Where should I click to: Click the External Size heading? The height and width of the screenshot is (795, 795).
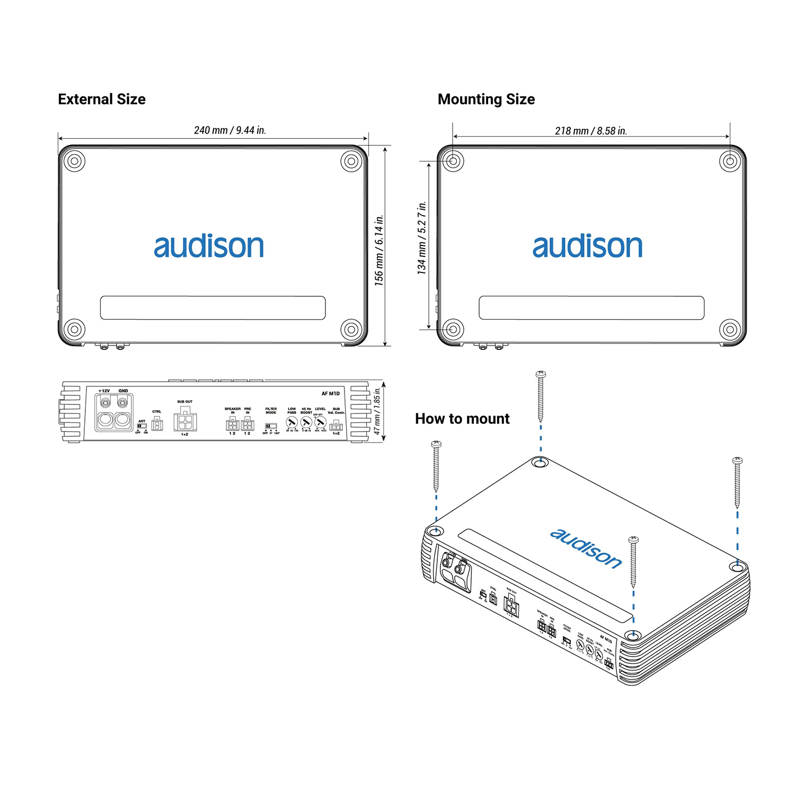pos(102,99)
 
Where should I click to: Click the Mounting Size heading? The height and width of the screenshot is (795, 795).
pos(486,99)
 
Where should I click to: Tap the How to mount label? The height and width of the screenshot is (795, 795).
pos(462,419)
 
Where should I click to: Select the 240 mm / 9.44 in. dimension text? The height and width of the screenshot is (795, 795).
pos(230,130)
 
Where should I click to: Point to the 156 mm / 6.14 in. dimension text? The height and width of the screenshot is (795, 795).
pos(378,250)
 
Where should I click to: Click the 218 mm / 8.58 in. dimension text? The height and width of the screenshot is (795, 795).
pos(591,131)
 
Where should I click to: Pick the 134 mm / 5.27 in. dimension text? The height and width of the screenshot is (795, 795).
pos(422,237)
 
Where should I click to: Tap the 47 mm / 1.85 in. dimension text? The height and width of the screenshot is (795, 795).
pos(377,411)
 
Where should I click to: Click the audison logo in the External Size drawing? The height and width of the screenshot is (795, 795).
pos(209,246)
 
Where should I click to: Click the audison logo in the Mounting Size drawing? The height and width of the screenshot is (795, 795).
pos(587,246)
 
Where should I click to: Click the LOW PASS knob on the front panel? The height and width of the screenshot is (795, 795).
pos(291,422)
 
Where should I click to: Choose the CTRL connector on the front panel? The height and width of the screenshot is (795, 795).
pos(157,423)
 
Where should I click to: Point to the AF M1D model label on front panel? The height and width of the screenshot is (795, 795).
pos(331,393)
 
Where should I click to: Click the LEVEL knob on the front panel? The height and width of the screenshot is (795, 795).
pos(320,422)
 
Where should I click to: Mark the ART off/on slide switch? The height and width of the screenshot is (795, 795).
pos(142,426)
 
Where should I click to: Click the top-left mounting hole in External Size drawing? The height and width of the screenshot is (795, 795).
pos(74,161)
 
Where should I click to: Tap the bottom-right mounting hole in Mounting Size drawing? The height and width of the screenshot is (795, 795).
pos(730,329)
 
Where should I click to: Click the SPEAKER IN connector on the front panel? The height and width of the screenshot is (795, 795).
pos(232,424)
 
